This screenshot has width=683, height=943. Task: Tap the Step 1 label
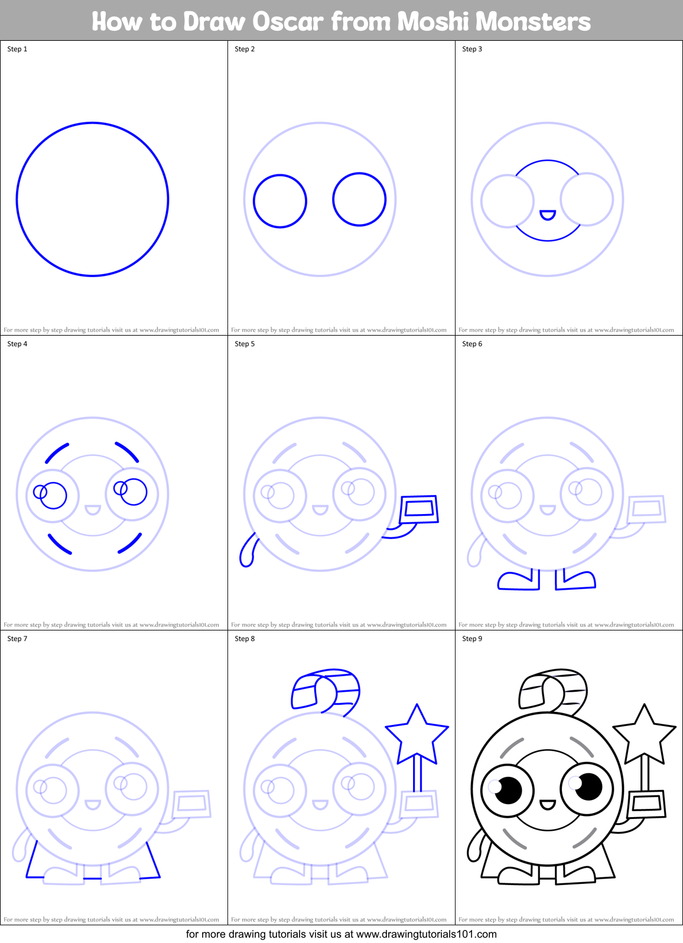(x=17, y=49)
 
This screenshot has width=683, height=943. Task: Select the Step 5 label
(x=245, y=344)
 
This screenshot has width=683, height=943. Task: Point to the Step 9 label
(x=472, y=639)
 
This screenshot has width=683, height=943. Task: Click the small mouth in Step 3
(x=548, y=214)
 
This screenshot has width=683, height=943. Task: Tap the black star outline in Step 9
(x=644, y=734)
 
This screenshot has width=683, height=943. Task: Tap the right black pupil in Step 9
(x=588, y=786)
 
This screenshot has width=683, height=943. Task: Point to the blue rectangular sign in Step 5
(x=419, y=509)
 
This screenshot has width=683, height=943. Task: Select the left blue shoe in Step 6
(x=519, y=581)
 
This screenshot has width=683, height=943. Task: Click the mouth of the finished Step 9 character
(x=548, y=805)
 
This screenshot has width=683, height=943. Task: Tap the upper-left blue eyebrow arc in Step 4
(x=57, y=453)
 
